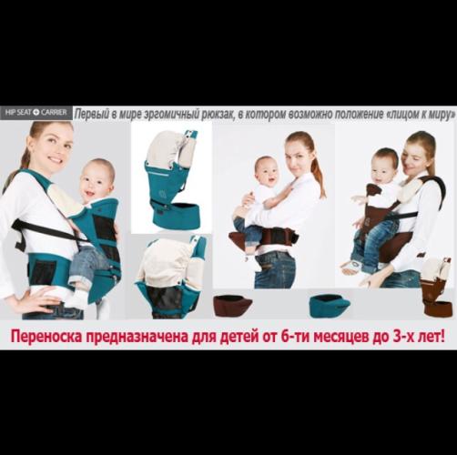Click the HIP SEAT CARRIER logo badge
(x=36, y=113)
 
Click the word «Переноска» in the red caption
(x=46, y=337)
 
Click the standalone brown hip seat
(x=232, y=305)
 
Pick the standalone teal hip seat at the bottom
(x=330, y=305)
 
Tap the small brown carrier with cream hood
(x=436, y=288)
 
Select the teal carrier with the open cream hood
(x=170, y=277)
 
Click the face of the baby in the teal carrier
(x=96, y=179)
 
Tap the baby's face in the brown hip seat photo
(x=268, y=173)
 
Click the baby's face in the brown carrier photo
(x=383, y=168)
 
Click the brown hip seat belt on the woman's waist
(x=263, y=238)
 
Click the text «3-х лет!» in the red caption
(x=419, y=337)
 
